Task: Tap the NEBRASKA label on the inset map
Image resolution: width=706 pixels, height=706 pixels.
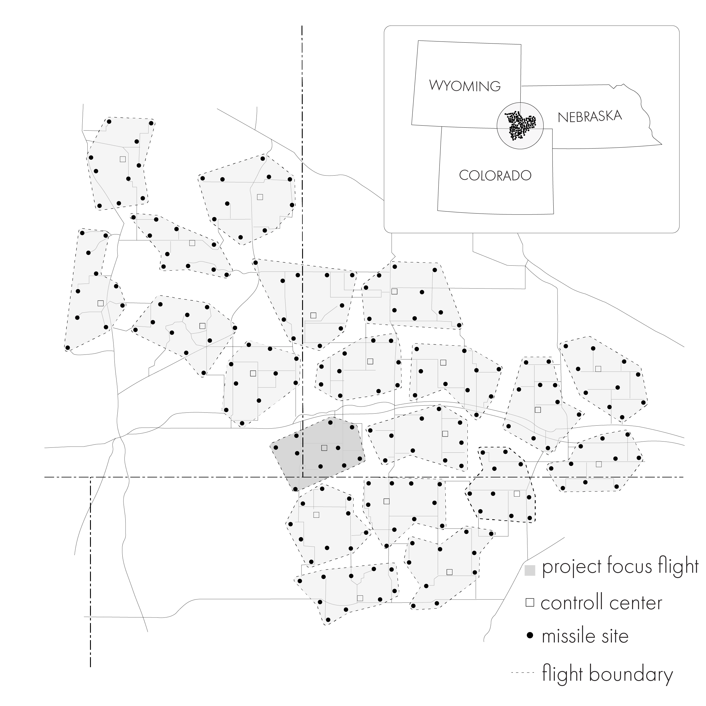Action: pos(590,116)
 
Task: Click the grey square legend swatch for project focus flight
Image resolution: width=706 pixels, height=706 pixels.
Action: pos(529,570)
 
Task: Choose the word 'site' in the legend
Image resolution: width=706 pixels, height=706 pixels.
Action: pos(616,636)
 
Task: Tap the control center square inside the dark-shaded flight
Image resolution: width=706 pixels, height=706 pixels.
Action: pos(324,448)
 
